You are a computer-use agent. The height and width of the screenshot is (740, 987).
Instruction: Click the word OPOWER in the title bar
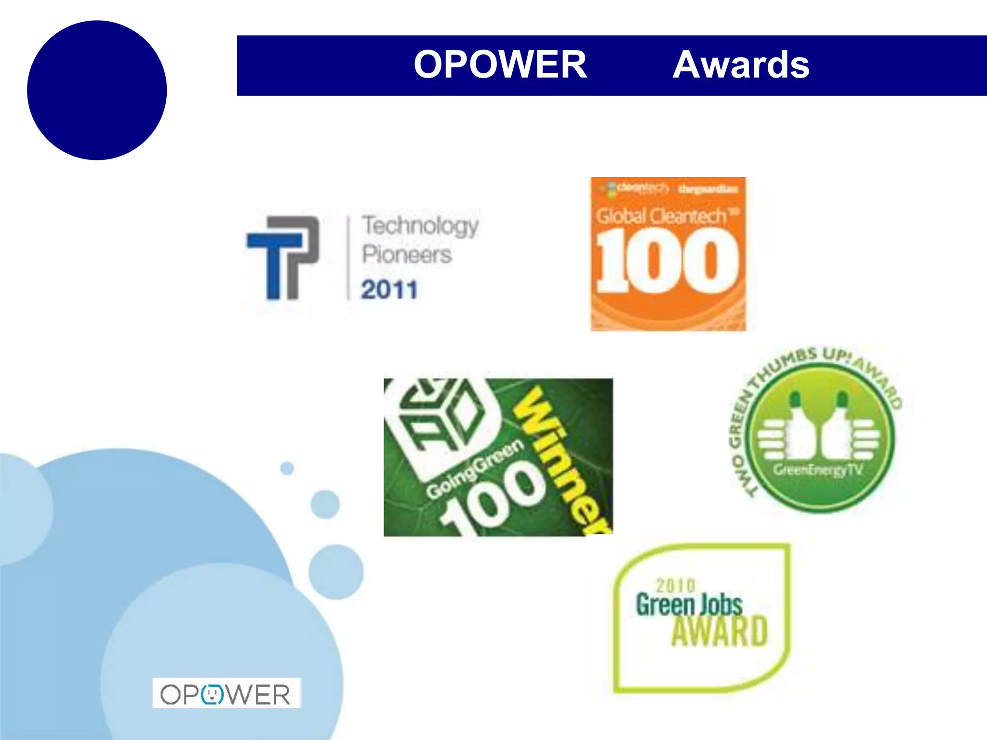(x=500, y=65)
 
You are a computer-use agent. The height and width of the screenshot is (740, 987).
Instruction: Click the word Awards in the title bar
(x=741, y=65)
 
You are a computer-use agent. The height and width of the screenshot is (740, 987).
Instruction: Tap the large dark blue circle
(x=97, y=90)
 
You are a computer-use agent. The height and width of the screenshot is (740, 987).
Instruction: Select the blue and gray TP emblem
(x=283, y=258)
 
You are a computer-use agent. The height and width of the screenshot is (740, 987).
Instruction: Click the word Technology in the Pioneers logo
(x=420, y=225)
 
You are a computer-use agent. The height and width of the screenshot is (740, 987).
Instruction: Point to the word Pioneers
(x=407, y=254)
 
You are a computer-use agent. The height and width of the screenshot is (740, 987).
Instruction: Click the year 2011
(x=389, y=290)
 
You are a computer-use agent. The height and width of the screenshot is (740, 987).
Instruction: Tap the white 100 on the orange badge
(x=667, y=261)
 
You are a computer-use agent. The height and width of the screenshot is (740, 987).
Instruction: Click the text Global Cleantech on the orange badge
(x=661, y=216)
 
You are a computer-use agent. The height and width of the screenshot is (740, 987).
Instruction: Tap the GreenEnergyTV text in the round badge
(x=818, y=470)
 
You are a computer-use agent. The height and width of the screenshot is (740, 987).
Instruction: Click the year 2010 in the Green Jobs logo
(x=676, y=585)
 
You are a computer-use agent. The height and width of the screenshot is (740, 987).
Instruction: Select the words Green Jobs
(x=689, y=605)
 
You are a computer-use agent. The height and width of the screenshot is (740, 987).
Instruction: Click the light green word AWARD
(x=719, y=631)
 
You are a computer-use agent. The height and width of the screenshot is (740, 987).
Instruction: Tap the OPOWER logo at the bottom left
(x=226, y=694)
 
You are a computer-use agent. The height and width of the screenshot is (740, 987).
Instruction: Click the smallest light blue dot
(x=287, y=468)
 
